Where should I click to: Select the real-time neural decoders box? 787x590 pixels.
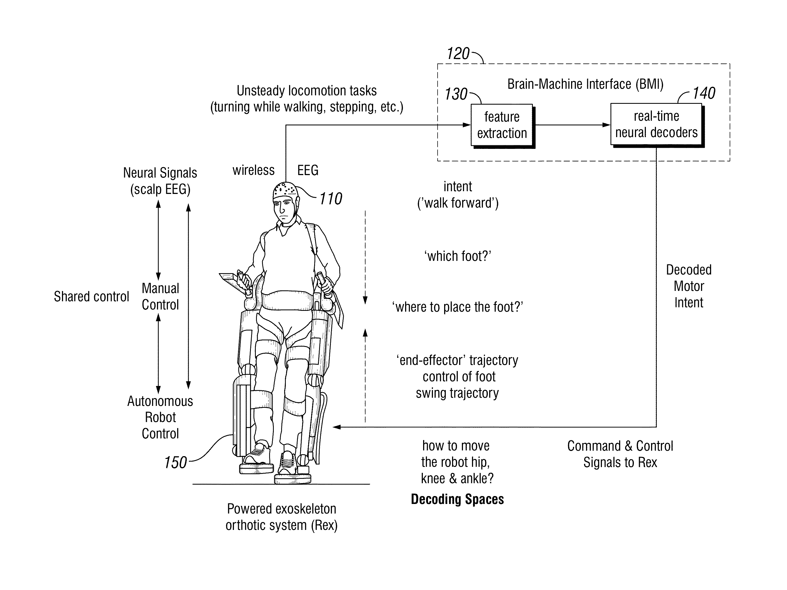tap(657, 125)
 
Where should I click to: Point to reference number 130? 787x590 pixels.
tap(456, 94)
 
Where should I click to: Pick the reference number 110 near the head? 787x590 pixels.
tap(331, 199)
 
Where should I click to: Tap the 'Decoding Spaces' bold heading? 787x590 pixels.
tap(457, 499)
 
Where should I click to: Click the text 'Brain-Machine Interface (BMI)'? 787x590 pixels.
tap(585, 84)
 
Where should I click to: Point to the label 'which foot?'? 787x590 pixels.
tap(458, 256)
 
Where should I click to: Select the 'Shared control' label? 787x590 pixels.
tap(91, 297)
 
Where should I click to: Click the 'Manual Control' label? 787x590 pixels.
tap(160, 297)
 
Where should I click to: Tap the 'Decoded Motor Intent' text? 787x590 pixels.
tap(689, 286)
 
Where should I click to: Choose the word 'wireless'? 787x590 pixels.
tap(253, 170)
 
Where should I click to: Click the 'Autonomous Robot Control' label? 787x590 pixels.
tap(160, 417)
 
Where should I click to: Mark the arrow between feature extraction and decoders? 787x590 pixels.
tap(573, 125)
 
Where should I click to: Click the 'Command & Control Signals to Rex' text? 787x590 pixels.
tap(620, 454)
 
